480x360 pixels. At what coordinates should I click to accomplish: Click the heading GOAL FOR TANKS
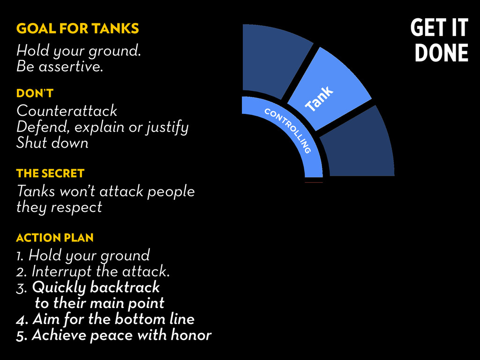click(x=77, y=28)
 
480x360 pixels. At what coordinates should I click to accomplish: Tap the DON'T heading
click(x=35, y=93)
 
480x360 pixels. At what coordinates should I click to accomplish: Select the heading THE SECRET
click(x=50, y=173)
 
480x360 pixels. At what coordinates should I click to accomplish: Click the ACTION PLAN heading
click(x=55, y=238)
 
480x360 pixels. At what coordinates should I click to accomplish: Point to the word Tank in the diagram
click(x=319, y=98)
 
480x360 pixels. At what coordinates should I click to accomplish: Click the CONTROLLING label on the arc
click(x=288, y=130)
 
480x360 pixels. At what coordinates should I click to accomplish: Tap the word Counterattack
click(x=67, y=111)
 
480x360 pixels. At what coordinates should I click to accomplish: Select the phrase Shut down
click(x=52, y=142)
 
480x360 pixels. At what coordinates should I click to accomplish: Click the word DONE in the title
click(x=442, y=52)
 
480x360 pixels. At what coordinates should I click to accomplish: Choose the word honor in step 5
click(x=191, y=335)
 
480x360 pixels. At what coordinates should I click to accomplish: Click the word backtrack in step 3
click(x=125, y=287)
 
